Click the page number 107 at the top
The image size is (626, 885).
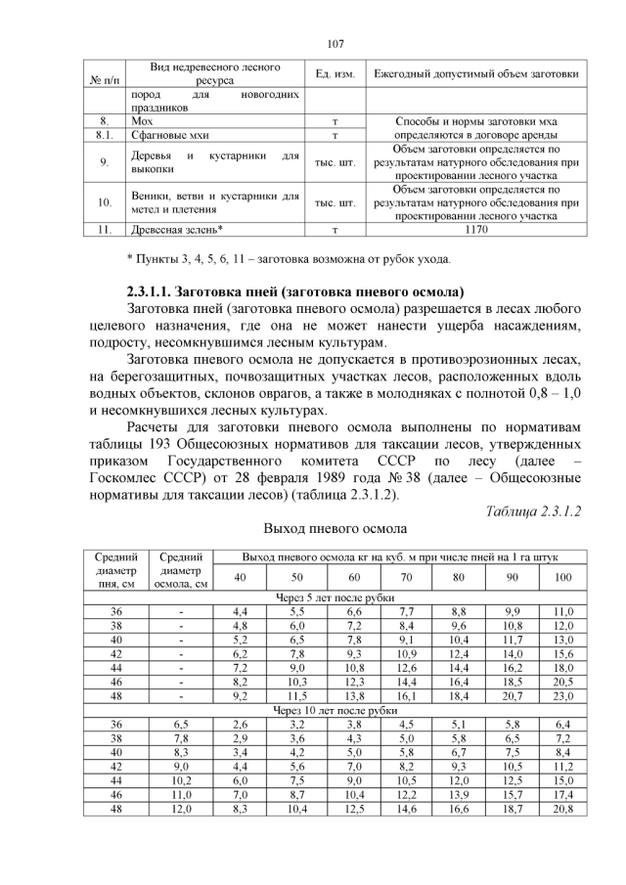tap(335, 43)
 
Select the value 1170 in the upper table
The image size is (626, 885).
tap(476, 231)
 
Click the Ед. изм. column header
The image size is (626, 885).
tap(335, 75)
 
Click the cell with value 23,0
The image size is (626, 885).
tap(562, 695)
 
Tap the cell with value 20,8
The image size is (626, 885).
tap(562, 810)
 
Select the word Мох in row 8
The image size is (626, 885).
tap(142, 121)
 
